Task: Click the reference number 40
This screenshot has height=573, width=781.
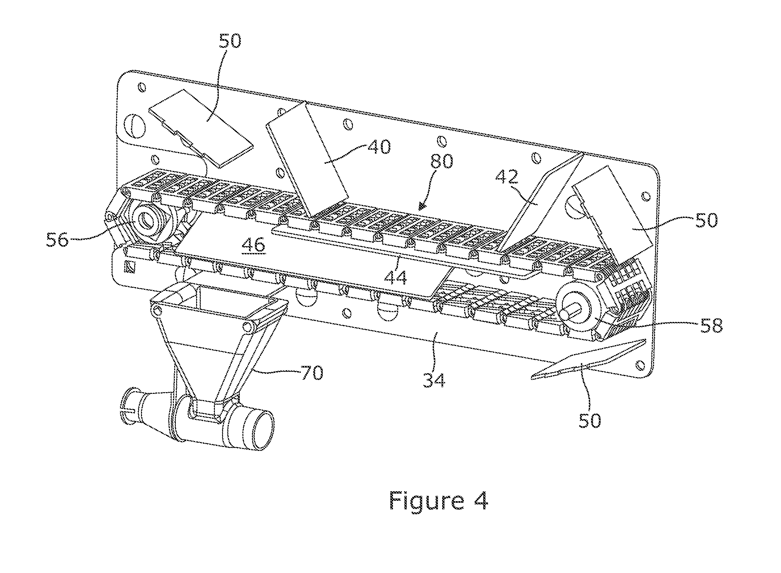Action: click(x=379, y=147)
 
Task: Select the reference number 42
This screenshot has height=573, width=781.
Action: click(x=507, y=177)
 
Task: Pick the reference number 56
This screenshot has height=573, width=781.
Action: click(x=58, y=239)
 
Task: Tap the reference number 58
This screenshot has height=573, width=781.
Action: click(x=711, y=325)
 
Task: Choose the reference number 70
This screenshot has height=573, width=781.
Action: click(x=312, y=372)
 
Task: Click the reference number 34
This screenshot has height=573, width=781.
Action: click(x=434, y=380)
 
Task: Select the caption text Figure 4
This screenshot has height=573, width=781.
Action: click(x=439, y=500)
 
